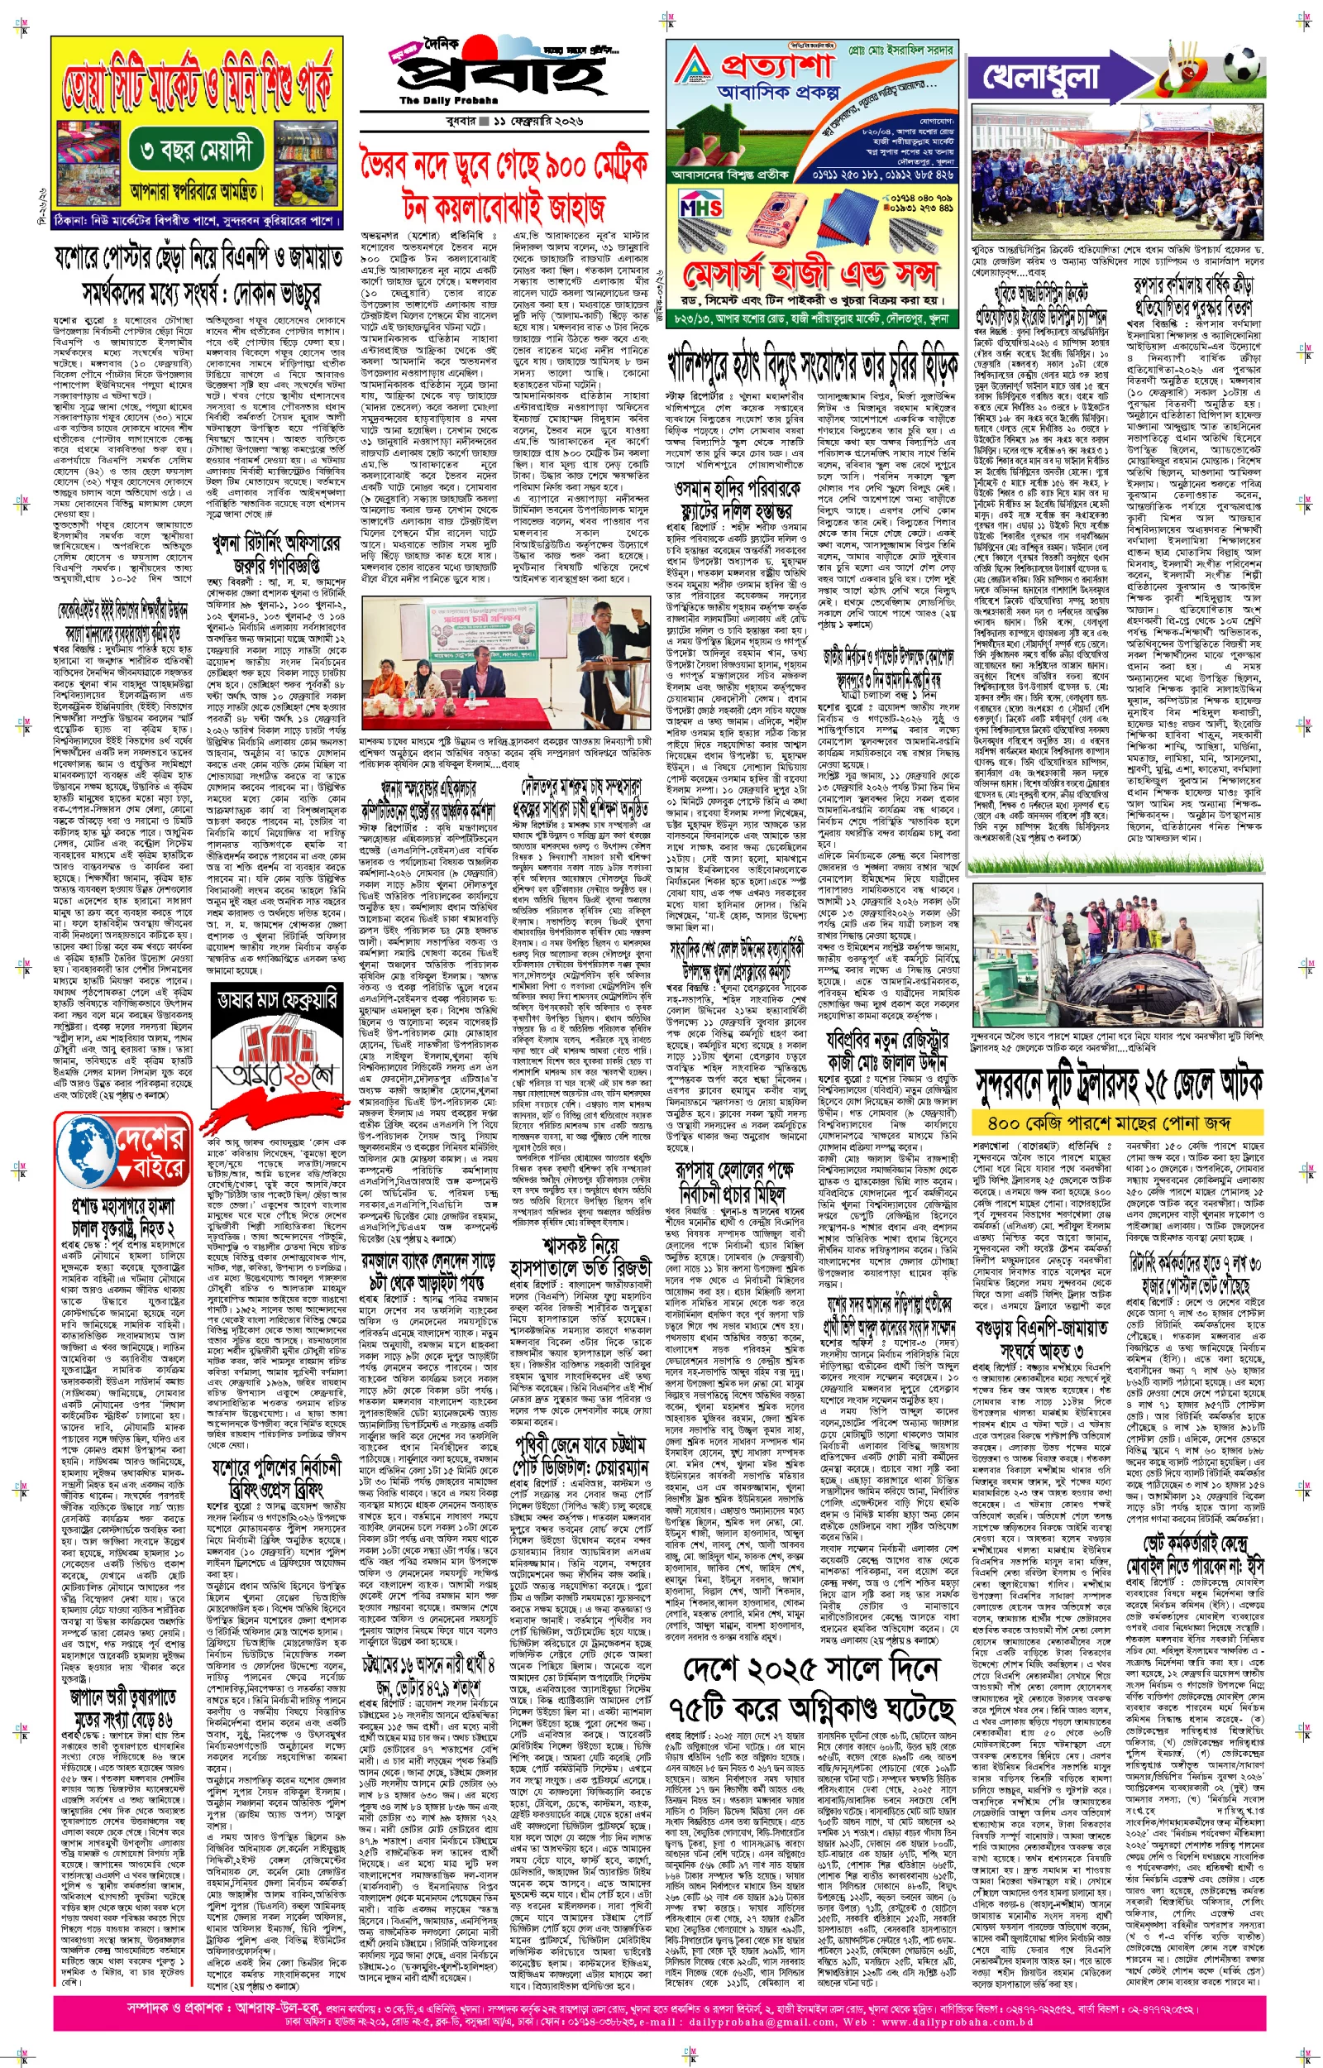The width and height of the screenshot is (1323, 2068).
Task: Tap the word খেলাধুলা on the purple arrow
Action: [x=1040, y=77]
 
